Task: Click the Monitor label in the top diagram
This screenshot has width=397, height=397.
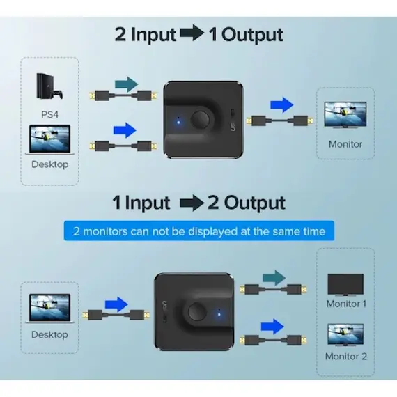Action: point(345,144)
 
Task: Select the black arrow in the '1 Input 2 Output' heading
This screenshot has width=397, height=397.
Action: point(194,203)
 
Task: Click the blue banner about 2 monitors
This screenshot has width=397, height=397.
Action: point(198,231)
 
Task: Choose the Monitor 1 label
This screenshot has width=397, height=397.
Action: point(346,304)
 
